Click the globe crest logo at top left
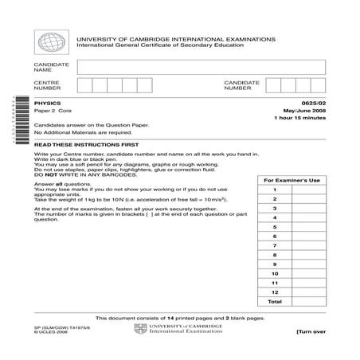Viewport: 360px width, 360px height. point(53,42)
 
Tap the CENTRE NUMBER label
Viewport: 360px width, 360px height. point(45,85)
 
